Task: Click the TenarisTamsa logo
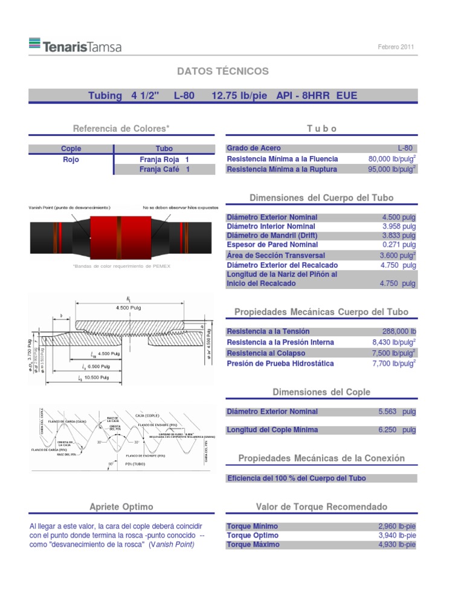coord(74,45)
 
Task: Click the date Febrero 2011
coord(396,47)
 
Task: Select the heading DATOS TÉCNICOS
coord(222,71)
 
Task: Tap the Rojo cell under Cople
coord(71,160)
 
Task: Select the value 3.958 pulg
coord(399,226)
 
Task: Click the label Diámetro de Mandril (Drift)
coord(271,235)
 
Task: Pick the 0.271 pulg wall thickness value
coord(399,245)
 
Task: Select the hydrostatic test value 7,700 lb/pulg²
coord(393,363)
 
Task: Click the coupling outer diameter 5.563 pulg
coord(396,412)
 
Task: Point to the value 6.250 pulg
coord(396,430)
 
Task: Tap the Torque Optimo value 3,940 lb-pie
coord(396,535)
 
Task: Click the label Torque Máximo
coord(253,544)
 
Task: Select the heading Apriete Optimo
coord(120,506)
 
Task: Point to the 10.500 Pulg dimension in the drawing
coord(95,377)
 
